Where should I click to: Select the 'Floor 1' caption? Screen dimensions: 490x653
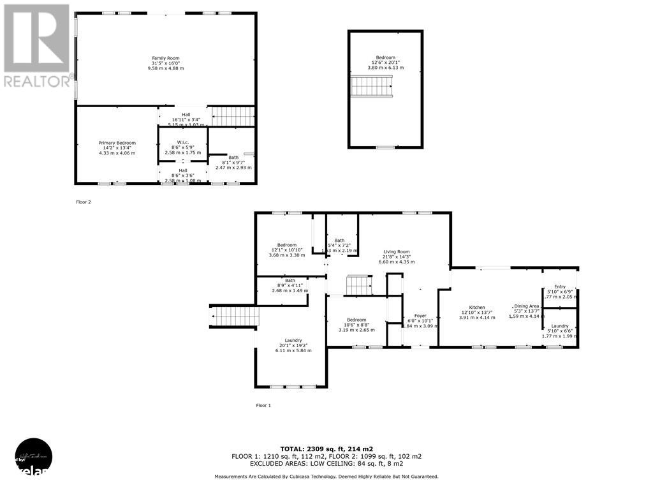pyautogui.click(x=263, y=405)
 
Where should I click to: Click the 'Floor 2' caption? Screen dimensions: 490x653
pyautogui.click(x=83, y=202)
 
